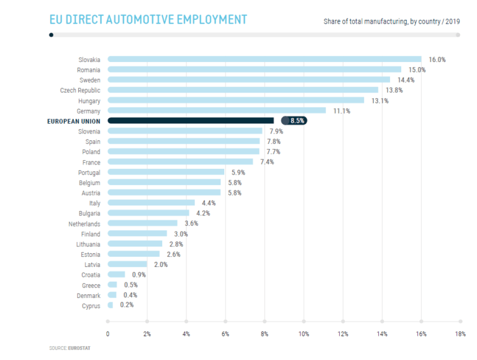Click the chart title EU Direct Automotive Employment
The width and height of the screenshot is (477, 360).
pos(148,20)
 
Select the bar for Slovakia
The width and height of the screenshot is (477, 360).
pos(265,60)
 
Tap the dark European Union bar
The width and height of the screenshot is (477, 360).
pos(191,121)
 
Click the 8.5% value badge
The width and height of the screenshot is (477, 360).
pos(294,121)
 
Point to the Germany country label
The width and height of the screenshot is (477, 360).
pos(89,111)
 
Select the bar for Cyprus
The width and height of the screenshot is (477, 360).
pos(111,305)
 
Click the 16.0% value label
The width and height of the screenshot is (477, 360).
pos(438,60)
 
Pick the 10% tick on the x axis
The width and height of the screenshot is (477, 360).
pos(304,334)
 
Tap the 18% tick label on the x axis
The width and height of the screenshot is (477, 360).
pos(460,334)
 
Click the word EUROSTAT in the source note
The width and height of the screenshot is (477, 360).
pos(79,348)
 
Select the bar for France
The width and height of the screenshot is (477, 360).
pos(180,162)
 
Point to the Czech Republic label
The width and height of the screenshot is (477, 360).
pos(81,91)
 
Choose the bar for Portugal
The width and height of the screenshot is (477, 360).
pos(166,172)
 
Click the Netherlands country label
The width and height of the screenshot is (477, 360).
pos(84,223)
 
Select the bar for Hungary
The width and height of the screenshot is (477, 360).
pos(236,101)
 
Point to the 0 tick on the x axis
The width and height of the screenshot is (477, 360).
pos(108,334)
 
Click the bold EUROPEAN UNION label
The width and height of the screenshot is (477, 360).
pos(74,121)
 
